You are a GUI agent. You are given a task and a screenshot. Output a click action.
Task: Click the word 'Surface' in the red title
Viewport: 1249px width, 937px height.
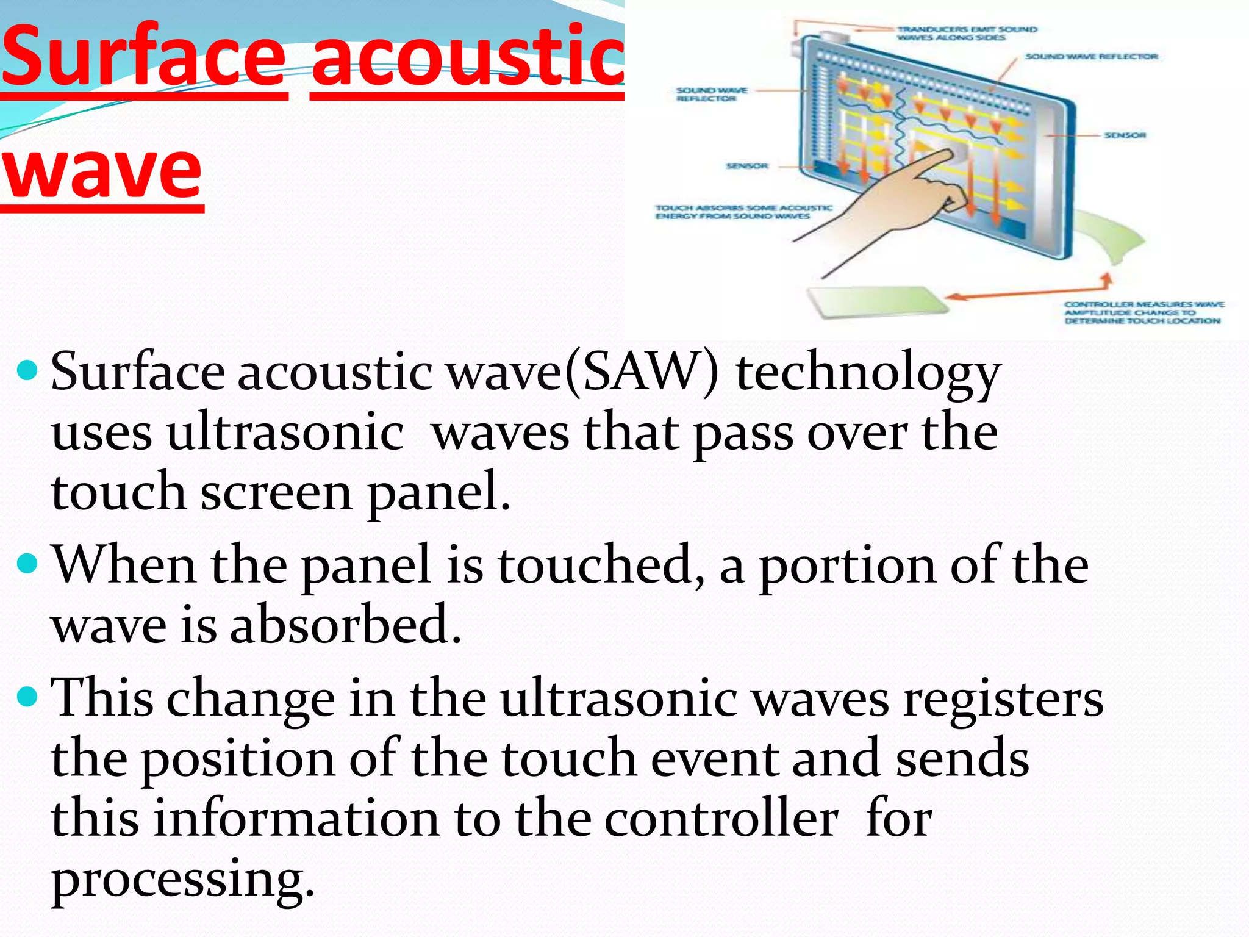click(144, 57)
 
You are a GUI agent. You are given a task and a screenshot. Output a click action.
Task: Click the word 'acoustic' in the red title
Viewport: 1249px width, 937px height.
click(467, 57)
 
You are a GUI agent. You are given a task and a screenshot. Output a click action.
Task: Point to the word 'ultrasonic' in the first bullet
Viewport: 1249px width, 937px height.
click(285, 433)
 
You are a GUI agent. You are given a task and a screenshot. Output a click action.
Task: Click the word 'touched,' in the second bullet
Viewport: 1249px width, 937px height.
click(601, 565)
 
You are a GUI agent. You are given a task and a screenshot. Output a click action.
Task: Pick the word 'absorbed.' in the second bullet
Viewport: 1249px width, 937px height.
click(345, 625)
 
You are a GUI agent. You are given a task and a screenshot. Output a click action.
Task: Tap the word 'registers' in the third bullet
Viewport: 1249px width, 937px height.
click(1003, 699)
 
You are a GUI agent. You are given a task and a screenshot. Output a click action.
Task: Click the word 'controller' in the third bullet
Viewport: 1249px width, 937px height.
click(721, 819)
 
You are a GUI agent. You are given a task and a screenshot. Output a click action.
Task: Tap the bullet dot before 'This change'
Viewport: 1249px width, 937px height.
click(28, 695)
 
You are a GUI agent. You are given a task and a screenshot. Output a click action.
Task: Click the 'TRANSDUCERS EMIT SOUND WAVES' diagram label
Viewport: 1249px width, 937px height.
click(966, 34)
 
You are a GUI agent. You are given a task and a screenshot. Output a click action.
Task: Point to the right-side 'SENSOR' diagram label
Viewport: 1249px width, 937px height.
click(1125, 135)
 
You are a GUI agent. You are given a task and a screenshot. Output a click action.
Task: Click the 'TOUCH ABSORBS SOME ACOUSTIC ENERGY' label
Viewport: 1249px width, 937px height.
click(743, 212)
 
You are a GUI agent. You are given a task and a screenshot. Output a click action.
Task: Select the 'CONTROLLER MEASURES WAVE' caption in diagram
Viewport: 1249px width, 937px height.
click(1143, 312)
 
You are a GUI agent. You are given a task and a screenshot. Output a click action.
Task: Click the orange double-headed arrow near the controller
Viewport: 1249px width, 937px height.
click(1031, 292)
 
